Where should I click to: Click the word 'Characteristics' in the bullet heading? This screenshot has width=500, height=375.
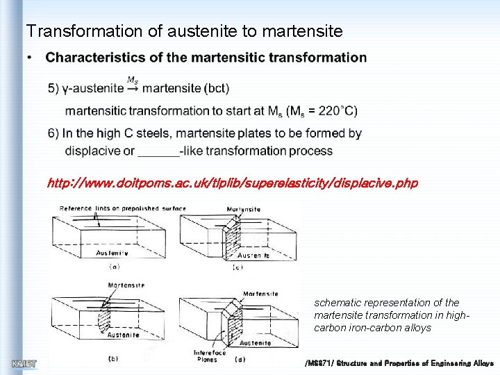pos(90,58)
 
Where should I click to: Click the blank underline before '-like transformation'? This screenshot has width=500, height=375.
pos(158,151)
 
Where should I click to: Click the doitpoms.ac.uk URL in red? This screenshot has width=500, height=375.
pos(232,183)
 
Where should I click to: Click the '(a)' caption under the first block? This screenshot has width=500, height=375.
pos(114,266)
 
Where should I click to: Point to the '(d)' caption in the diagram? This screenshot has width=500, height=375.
pos(240,359)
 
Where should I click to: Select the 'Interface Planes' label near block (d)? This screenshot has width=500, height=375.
pos(210,356)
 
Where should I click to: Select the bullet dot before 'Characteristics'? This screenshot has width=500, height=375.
pos(31,58)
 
